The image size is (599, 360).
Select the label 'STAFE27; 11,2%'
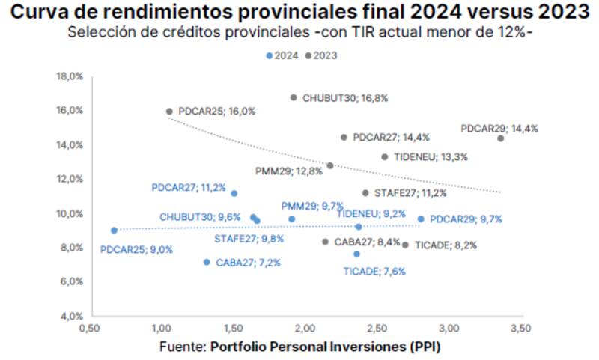tap(410, 193)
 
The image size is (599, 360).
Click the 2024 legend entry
tap(283, 55)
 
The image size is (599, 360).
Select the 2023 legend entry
tap(322, 55)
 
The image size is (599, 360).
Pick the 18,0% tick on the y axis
tap(70, 76)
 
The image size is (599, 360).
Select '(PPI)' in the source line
tap(429, 347)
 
